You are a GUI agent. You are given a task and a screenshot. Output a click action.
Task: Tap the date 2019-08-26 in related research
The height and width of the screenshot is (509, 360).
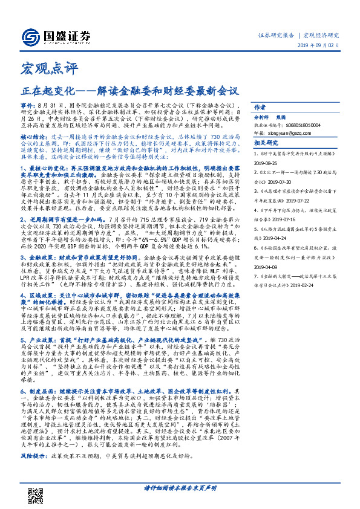266,163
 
